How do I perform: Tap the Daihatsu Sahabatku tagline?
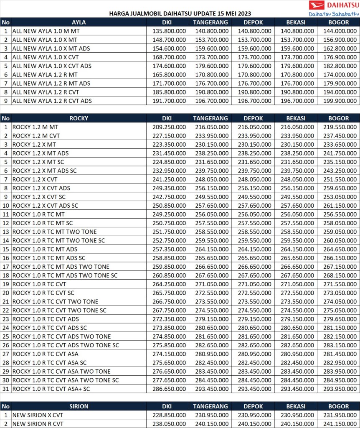click(x=332, y=13)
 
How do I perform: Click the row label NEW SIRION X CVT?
click(x=38, y=415)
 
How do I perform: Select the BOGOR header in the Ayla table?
click(x=338, y=22)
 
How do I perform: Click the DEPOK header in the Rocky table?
click(x=253, y=118)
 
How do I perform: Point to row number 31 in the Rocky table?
click(x=5, y=389)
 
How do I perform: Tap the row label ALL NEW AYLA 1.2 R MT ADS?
click(x=51, y=83)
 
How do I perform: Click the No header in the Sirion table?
click(x=5, y=406)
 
